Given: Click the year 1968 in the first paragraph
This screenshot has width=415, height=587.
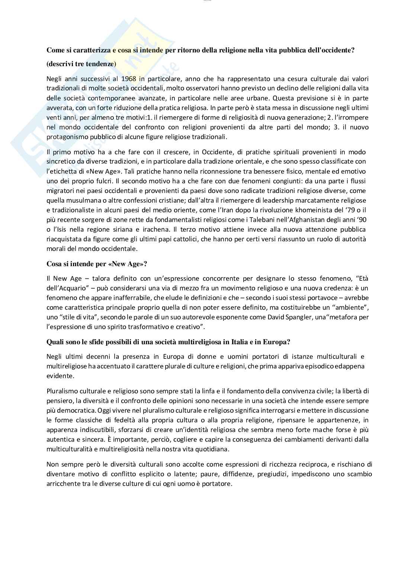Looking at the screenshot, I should (128, 79).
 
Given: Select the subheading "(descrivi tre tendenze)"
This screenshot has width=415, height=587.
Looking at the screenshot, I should (81, 64).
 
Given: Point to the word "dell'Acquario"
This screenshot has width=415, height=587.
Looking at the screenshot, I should (66, 288).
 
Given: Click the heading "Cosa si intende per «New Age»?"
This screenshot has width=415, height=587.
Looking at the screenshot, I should (97, 264).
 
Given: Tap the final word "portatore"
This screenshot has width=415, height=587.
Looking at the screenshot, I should (219, 484).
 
